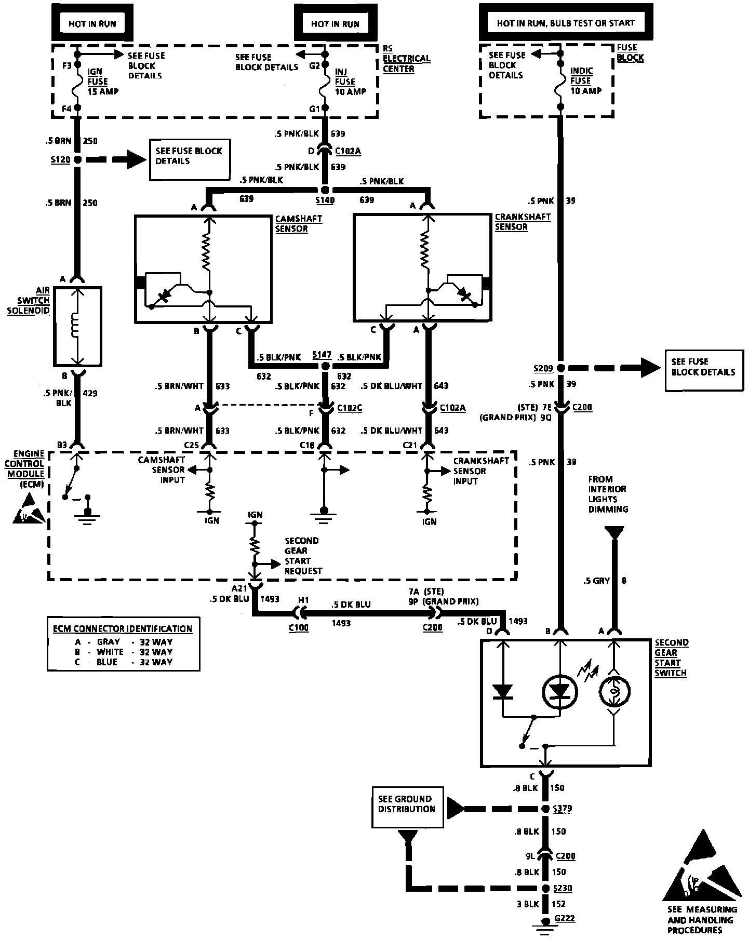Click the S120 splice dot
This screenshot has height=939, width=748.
pyautogui.click(x=77, y=160)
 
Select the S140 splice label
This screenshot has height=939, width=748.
pyautogui.click(x=325, y=200)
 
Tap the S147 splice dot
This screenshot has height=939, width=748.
pyautogui.click(x=325, y=367)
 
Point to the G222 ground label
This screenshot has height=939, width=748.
pyautogui.click(x=565, y=918)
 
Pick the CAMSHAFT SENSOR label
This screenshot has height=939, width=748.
pyautogui.click(x=299, y=224)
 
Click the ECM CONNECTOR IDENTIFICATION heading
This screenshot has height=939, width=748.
pyautogui.click(x=123, y=628)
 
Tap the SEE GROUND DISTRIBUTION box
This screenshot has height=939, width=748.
pyautogui.click(x=408, y=807)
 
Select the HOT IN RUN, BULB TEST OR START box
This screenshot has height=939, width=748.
pyautogui.click(x=566, y=23)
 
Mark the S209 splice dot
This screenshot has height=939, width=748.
pyautogui.click(x=561, y=368)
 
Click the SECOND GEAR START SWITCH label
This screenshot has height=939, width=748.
pyautogui.click(x=671, y=658)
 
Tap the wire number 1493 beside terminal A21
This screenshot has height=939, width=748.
pyautogui.click(x=270, y=599)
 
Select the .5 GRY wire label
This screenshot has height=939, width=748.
pyautogui.click(x=597, y=581)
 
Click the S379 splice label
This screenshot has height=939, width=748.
pyautogui.click(x=563, y=809)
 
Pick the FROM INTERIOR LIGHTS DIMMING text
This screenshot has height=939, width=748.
pyautogui.click(x=608, y=494)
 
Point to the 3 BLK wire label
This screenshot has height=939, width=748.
pyautogui.click(x=528, y=904)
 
